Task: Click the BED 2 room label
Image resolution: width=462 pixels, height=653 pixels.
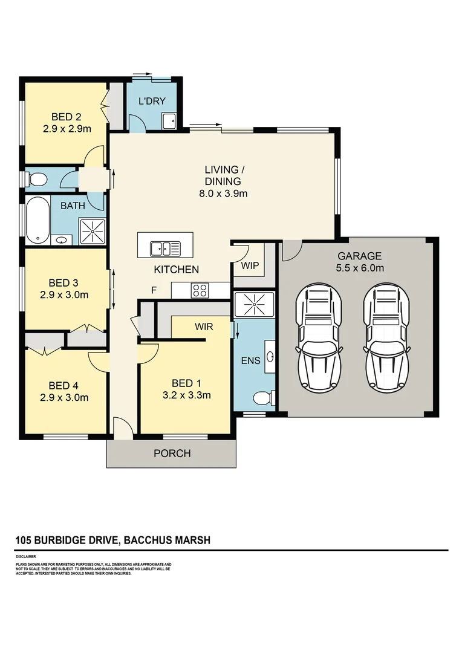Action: click(67, 117)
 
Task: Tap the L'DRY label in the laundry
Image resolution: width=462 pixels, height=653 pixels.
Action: click(152, 101)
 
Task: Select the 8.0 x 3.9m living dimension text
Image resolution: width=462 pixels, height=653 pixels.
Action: click(223, 194)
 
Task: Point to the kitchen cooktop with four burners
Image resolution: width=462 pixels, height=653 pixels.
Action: click(200, 290)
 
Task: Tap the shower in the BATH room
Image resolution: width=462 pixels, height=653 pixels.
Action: click(93, 232)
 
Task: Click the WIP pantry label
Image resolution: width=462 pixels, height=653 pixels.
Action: click(250, 265)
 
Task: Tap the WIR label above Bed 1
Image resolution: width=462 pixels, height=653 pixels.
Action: click(203, 326)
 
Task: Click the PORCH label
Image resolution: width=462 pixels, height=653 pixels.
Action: click(172, 453)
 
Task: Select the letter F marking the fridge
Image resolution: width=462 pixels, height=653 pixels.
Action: click(154, 290)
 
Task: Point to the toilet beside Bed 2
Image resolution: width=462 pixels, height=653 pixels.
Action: click(37, 179)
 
